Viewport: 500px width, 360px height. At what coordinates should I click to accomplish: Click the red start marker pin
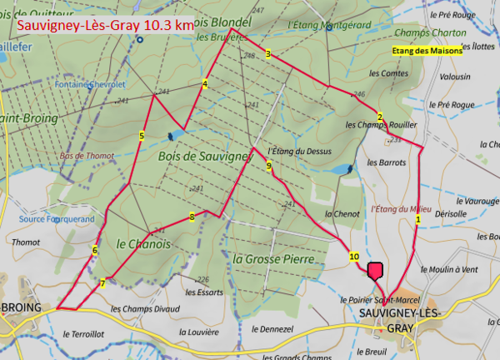click(375, 270)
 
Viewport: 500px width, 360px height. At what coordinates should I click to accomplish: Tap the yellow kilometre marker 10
click(354, 257)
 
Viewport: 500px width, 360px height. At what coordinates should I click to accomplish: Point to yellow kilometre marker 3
click(268, 54)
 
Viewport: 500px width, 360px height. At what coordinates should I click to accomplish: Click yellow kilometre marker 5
click(142, 135)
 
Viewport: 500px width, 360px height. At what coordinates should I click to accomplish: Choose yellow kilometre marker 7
click(102, 283)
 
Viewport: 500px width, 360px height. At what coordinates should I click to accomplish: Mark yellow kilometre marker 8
click(192, 217)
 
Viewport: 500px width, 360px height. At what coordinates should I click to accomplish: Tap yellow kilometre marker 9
click(269, 167)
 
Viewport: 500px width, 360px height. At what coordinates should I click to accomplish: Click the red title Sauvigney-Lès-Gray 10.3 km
click(104, 26)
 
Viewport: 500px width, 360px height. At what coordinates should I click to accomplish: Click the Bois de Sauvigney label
click(203, 155)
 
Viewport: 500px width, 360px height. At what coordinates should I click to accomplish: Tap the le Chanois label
click(143, 243)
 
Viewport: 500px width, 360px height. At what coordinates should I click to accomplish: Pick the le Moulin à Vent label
click(449, 269)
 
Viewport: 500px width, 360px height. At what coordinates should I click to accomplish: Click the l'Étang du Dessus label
click(300, 152)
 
